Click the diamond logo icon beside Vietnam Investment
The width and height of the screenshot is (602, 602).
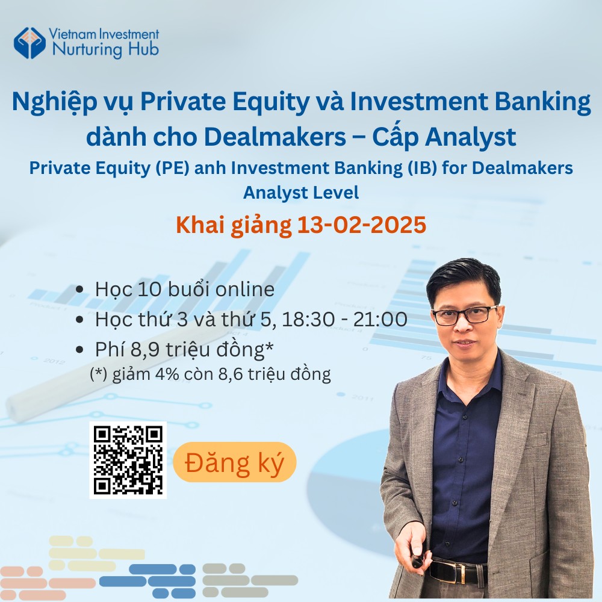[x=29, y=43]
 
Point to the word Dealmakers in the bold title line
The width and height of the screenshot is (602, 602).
[x=275, y=137]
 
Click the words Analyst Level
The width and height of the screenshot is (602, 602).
[x=301, y=193]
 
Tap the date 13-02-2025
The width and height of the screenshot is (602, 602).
[x=362, y=225]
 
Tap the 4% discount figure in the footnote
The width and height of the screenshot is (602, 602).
[x=167, y=374]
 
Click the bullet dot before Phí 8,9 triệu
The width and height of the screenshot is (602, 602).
[x=80, y=350]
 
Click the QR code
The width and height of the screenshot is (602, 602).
[x=128, y=460]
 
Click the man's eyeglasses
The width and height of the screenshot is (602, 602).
[x=465, y=315]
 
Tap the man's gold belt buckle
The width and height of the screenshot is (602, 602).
[x=461, y=574]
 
